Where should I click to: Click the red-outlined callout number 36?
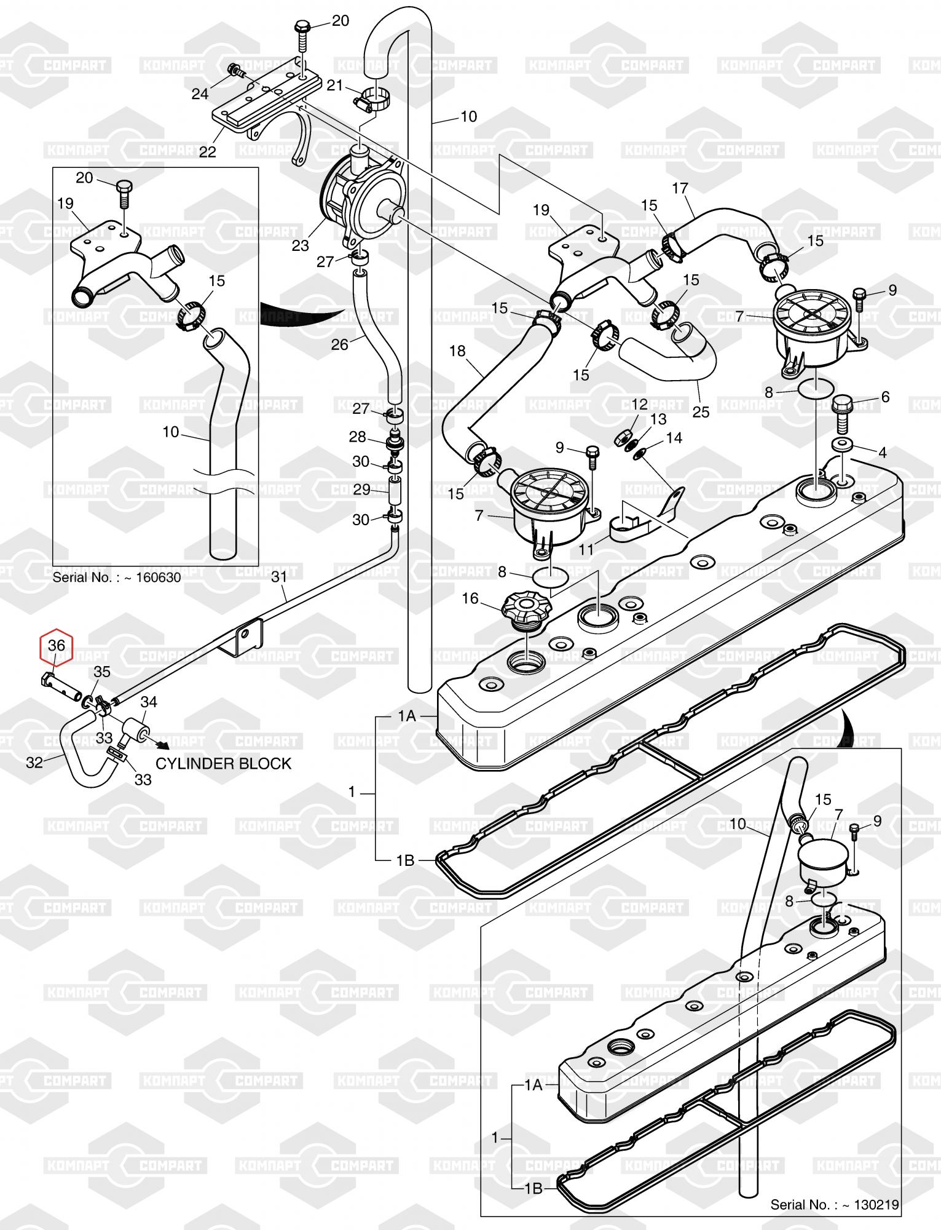tap(56, 646)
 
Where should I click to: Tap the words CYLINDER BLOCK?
tap(223, 764)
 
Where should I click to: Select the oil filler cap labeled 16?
tap(522, 609)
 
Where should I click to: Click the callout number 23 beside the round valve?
tap(301, 245)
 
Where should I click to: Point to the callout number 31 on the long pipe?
tap(279, 577)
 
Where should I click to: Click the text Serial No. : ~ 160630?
tap(117, 577)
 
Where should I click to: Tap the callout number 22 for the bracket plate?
tap(208, 151)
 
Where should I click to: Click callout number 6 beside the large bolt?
tap(885, 397)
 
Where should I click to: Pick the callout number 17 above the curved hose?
tap(680, 189)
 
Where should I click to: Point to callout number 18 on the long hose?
tap(457, 351)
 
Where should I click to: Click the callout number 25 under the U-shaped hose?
tap(701, 411)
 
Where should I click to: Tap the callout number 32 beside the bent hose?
tap(34, 762)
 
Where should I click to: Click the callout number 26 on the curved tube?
tap(339, 344)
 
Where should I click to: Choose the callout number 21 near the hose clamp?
tap(334, 85)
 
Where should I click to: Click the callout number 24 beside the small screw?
tap(200, 93)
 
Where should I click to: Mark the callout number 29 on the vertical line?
tap(362, 490)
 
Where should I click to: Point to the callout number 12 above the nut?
tap(640, 404)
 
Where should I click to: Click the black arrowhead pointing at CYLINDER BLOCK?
tap(164, 745)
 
